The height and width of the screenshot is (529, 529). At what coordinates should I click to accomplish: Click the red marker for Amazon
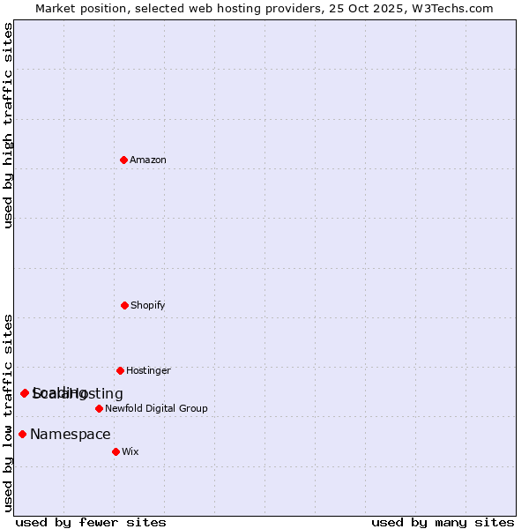point(123,160)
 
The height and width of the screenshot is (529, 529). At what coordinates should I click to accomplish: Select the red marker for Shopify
point(124,305)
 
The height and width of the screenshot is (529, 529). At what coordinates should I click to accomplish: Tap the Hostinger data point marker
point(120,370)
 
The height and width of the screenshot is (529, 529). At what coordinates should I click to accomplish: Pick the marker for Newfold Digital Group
point(99,408)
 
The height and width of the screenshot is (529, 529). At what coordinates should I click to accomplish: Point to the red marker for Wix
point(115,451)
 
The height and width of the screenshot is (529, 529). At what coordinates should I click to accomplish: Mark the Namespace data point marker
point(22,434)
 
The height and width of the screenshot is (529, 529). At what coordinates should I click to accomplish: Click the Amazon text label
point(148,160)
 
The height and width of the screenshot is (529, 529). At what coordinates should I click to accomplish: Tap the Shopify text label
point(148,305)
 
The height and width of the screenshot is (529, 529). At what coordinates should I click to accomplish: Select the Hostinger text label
point(148,370)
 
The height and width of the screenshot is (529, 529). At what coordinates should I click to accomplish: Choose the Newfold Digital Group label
point(156,408)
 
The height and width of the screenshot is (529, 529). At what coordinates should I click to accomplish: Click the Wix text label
point(130,451)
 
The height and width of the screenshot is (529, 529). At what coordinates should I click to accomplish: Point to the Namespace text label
point(71,434)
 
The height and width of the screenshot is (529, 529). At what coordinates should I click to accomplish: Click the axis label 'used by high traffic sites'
point(8,125)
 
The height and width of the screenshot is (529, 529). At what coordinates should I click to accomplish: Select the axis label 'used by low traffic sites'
point(8,412)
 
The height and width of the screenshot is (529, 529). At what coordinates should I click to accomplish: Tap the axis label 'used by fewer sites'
point(91,522)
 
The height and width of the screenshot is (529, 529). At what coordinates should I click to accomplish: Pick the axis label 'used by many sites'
point(443,522)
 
